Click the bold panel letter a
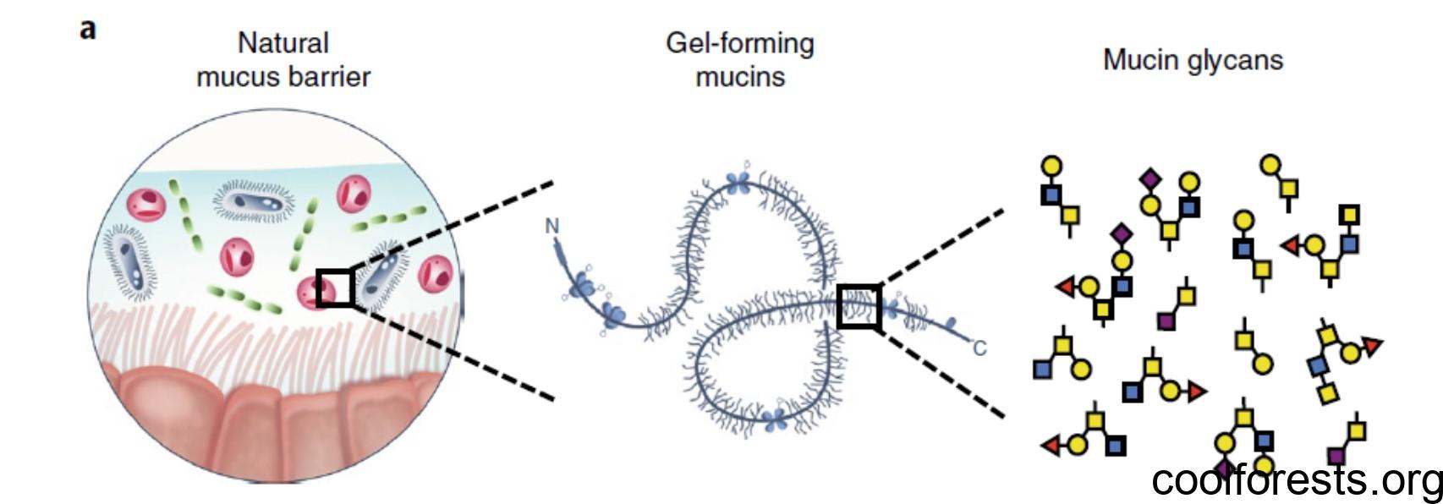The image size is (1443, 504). pyautogui.click(x=87, y=30)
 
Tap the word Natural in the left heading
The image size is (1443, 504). pyautogui.click(x=283, y=43)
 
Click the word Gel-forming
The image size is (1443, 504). pyautogui.click(x=740, y=43)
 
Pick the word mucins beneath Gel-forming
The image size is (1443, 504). pyautogui.click(x=740, y=77)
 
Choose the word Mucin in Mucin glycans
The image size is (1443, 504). pyautogui.click(x=1142, y=60)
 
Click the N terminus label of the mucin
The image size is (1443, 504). pyautogui.click(x=552, y=226)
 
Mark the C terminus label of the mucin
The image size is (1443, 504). pyautogui.click(x=979, y=348)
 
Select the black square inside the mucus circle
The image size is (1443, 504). pyautogui.click(x=336, y=288)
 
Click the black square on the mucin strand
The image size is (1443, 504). pyautogui.click(x=859, y=306)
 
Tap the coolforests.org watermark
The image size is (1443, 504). pyautogui.click(x=1297, y=480)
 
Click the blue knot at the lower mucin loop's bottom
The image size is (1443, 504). pyautogui.click(x=776, y=418)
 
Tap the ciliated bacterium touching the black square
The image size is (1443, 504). pyautogui.click(x=377, y=277)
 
